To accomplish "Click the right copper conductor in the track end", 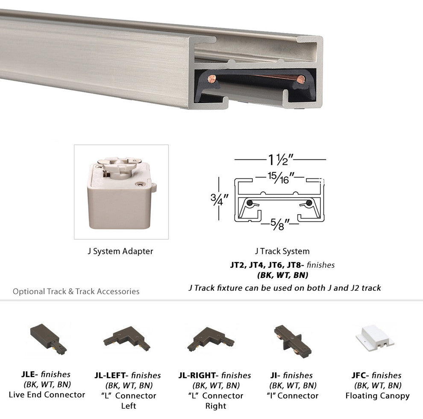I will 301,79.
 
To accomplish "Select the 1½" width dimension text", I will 280,160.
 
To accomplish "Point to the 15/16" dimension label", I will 280,177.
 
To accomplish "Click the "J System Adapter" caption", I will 120,251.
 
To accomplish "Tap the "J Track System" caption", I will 282,251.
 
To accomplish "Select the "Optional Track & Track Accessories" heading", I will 76,292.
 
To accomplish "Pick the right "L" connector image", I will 210,339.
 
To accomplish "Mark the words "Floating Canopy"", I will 377,396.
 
